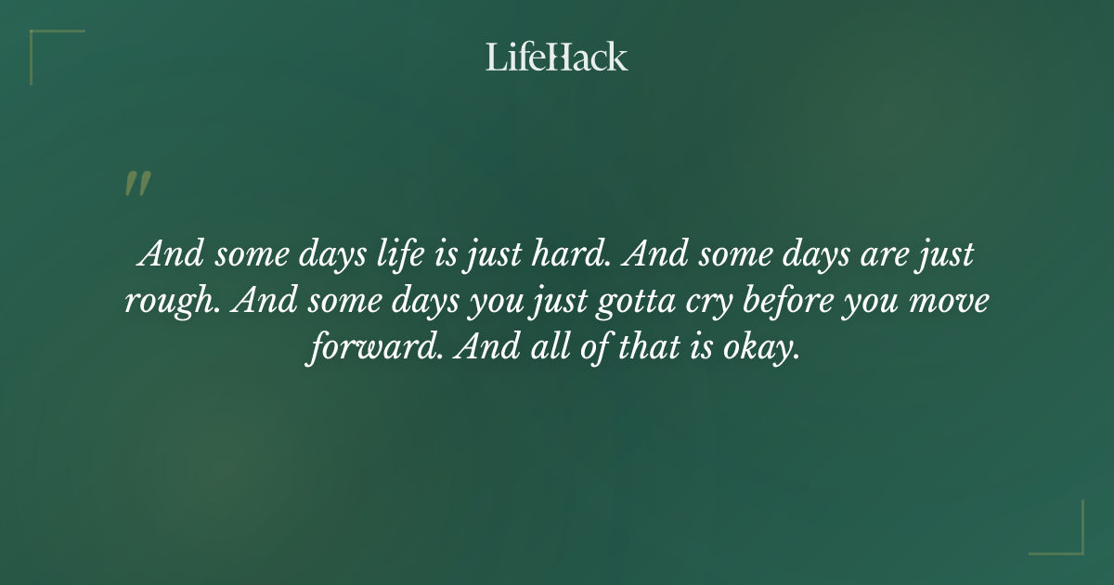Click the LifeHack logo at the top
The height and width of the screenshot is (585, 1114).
556,57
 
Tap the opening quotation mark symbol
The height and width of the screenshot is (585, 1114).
137,184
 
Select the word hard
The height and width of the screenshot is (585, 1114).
572,254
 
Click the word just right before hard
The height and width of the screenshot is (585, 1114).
492,254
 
